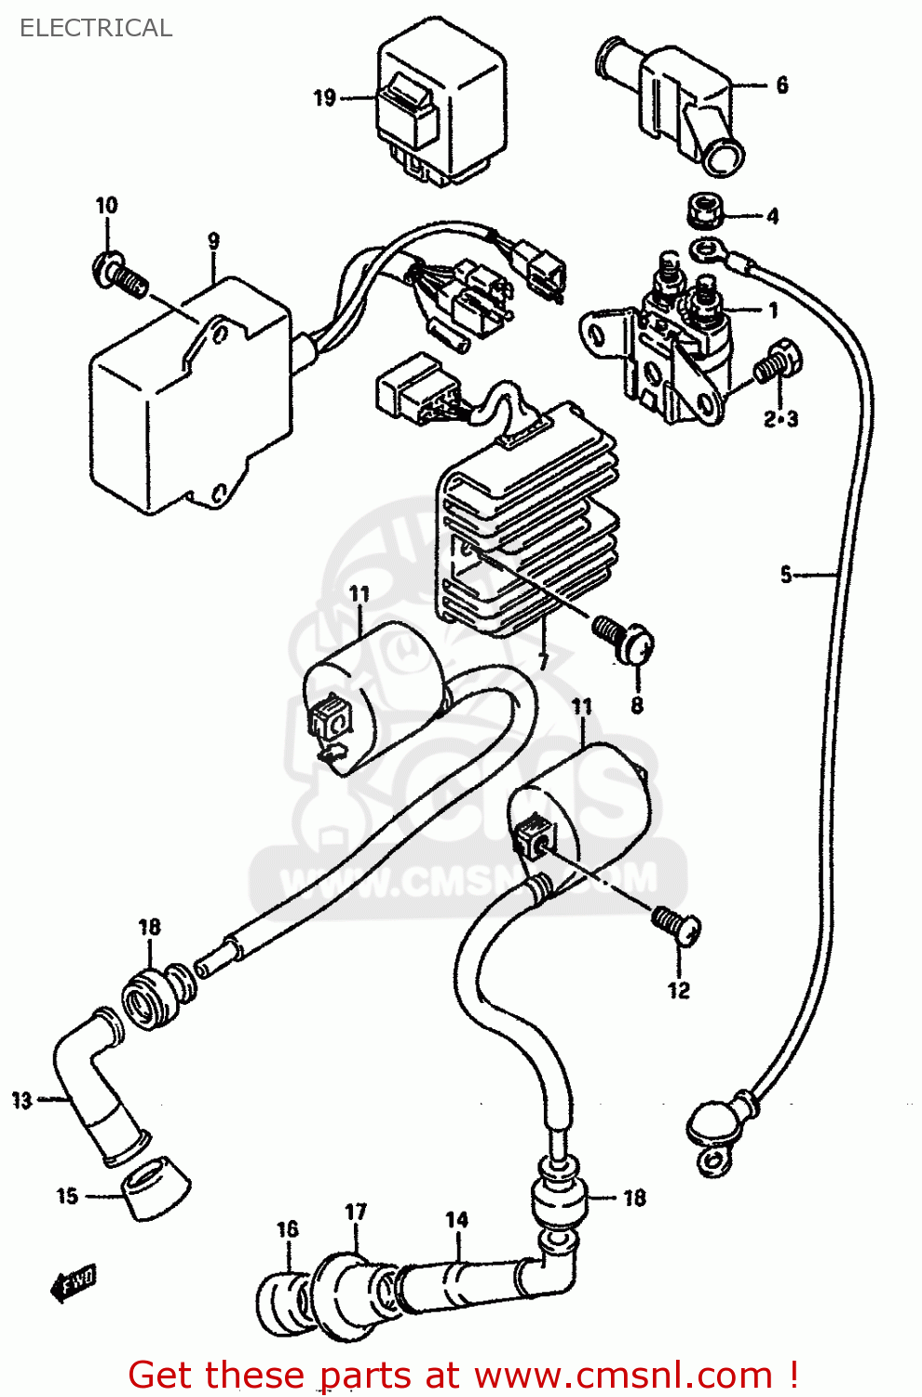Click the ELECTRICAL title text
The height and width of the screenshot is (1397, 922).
tap(96, 28)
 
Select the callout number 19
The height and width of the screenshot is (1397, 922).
tap(324, 98)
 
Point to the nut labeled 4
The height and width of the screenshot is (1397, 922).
tap(706, 211)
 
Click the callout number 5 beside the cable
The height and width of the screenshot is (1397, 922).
tap(786, 575)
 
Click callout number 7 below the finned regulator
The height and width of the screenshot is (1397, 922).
tap(543, 661)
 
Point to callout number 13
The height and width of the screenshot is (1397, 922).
tap(22, 1100)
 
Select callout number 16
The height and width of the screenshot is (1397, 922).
tap(288, 1229)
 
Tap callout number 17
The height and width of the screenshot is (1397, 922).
tap(356, 1212)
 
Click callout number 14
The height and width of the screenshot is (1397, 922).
tap(456, 1219)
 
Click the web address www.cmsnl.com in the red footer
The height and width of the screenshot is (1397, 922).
tap(623, 1375)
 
